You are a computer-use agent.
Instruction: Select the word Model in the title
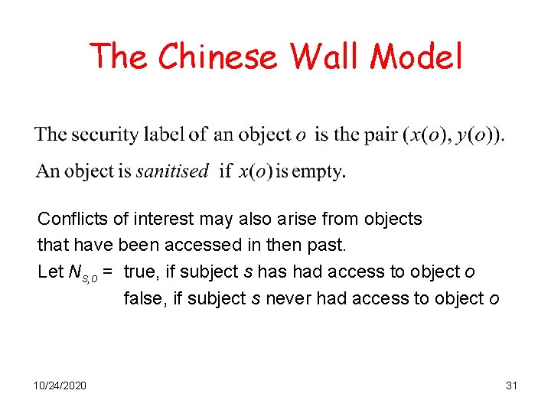point(418,56)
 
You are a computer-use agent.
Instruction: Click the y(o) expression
point(473,136)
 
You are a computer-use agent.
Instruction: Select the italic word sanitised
point(172,171)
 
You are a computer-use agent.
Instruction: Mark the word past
point(327,246)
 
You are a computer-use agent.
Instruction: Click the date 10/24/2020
point(60,385)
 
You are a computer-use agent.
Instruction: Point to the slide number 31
point(512,385)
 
